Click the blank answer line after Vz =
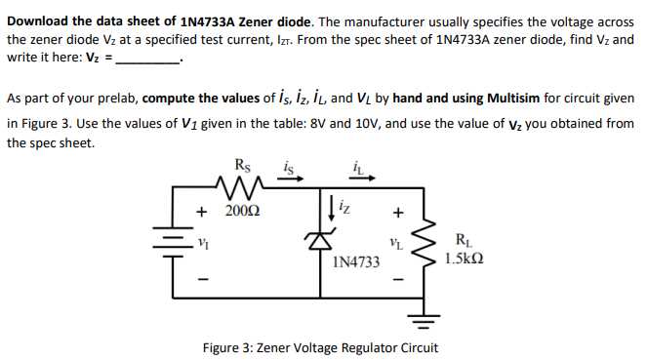click(148, 60)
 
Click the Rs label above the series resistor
click(242, 165)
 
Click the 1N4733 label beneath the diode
click(355, 261)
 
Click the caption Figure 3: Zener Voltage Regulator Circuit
click(319, 347)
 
